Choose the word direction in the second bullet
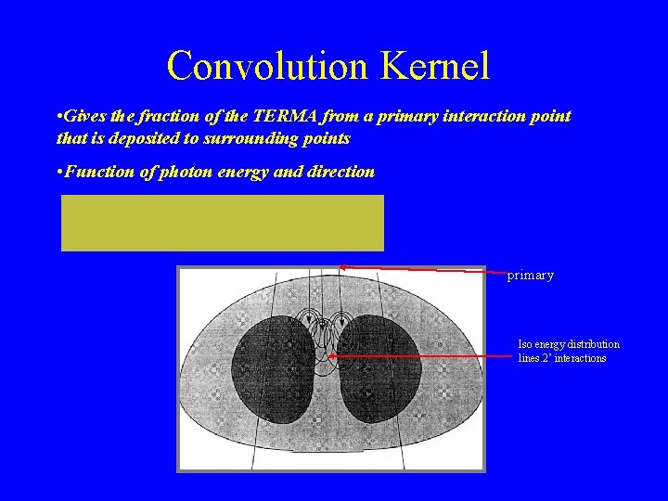[340, 172]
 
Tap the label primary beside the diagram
[530, 276]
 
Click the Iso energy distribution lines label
[568, 351]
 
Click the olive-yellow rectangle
[222, 223]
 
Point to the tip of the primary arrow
[340, 266]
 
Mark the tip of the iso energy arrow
[328, 355]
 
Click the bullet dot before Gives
[59, 117]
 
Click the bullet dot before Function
[59, 172]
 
